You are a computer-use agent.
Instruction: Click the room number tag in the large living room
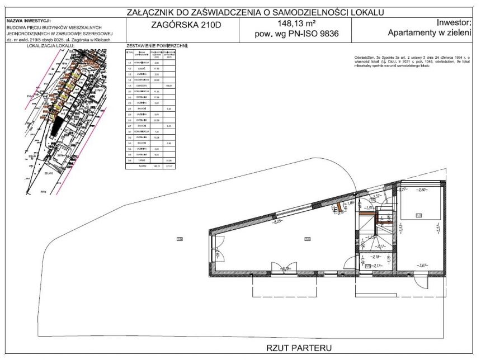(307, 239)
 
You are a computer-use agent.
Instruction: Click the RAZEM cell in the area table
(143, 166)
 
